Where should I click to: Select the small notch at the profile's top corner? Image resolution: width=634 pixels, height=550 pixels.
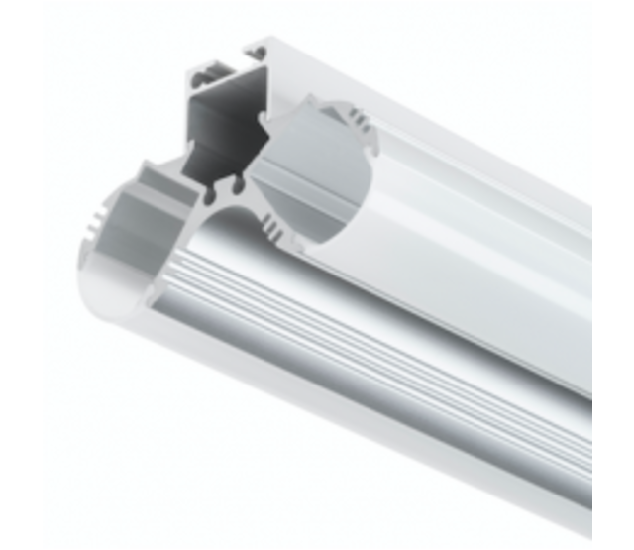[260, 46]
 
